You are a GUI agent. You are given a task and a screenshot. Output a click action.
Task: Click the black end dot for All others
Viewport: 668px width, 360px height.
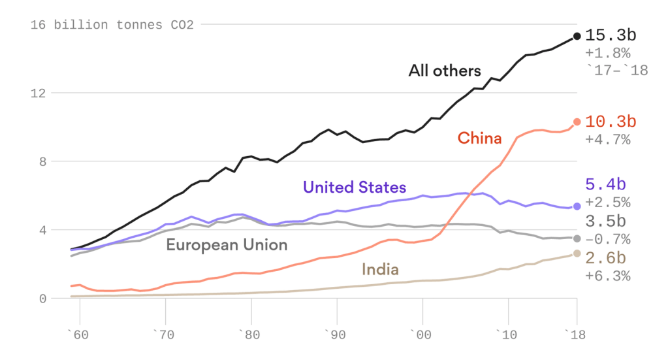click(577, 37)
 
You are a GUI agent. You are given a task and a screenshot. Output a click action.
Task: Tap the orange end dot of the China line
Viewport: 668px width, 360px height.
click(577, 122)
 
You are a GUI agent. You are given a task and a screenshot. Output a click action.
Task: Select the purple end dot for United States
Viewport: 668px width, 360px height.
click(577, 206)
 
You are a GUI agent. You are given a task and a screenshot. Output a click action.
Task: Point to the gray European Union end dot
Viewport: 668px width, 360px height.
click(577, 238)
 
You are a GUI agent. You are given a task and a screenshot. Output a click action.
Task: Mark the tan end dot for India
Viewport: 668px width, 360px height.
click(577, 254)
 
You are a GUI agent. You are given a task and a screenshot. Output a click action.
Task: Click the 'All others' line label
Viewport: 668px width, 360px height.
click(445, 71)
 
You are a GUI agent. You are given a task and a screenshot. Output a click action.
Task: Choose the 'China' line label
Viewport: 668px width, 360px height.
click(479, 138)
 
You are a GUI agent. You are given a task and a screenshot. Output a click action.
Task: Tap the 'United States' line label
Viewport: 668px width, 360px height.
click(354, 188)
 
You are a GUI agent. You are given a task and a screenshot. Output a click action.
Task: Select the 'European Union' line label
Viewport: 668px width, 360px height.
click(227, 245)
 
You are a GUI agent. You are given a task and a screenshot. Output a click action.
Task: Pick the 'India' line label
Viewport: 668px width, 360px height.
click(379, 269)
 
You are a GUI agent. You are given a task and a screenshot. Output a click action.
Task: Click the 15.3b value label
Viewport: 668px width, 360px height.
click(611, 36)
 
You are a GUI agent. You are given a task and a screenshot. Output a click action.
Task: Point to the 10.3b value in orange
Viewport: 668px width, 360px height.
click(611, 122)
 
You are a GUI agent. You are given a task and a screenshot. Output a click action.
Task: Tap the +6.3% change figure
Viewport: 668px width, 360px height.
click(608, 276)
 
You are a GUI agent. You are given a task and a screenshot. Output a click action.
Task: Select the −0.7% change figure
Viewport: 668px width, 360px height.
click(608, 238)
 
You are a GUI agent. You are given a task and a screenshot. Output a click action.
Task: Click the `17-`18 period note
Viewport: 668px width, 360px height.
click(616, 70)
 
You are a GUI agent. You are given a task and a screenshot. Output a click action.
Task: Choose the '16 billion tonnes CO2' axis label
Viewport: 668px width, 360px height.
click(112, 25)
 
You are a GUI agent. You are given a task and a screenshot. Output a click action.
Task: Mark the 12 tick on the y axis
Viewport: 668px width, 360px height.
click(41, 93)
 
